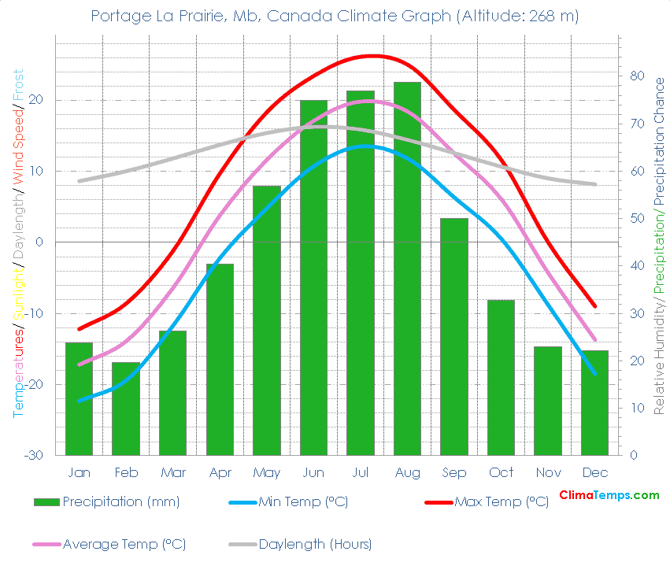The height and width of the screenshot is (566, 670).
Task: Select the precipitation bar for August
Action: [x=407, y=268]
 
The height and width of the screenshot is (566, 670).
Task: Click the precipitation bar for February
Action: [x=125, y=409]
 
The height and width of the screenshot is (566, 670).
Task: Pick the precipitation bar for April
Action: [x=220, y=359]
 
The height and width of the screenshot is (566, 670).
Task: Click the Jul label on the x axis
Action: [x=360, y=472]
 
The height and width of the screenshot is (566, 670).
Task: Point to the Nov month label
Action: [x=548, y=472]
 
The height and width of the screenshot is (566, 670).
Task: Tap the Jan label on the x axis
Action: [x=79, y=472]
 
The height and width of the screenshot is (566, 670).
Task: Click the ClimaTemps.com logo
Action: [x=609, y=495]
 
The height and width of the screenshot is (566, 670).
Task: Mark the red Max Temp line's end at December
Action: [x=595, y=306]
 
